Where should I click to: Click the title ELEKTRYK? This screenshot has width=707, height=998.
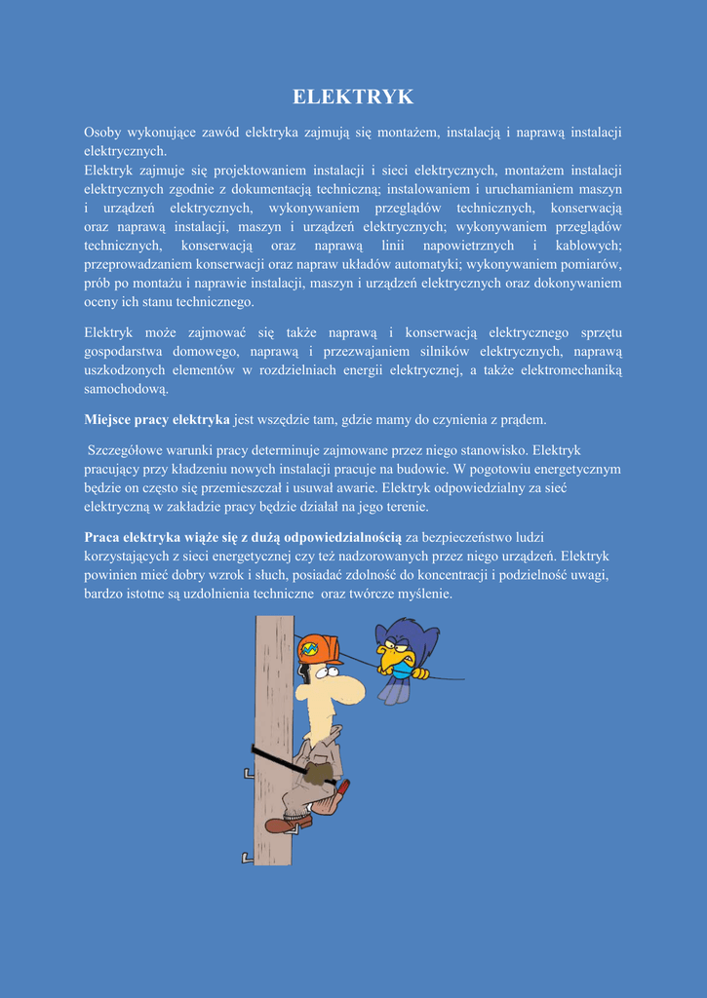coord(353,96)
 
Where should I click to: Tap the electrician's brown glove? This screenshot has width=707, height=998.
coord(317,774)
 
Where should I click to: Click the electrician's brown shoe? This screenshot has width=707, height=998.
coord(282,825)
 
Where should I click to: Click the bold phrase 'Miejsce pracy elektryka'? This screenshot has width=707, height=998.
coord(157,420)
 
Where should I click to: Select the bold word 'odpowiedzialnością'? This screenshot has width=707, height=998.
coord(341,537)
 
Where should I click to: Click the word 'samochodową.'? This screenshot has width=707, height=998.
coord(126,389)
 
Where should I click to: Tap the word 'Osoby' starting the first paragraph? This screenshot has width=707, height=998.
coord(101,133)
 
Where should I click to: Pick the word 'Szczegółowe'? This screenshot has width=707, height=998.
coord(128,450)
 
